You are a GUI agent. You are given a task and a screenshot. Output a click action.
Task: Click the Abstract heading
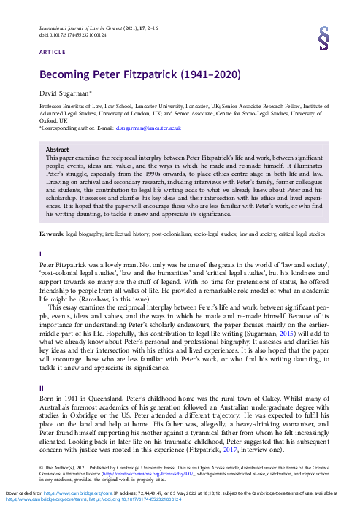click(58, 149)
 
